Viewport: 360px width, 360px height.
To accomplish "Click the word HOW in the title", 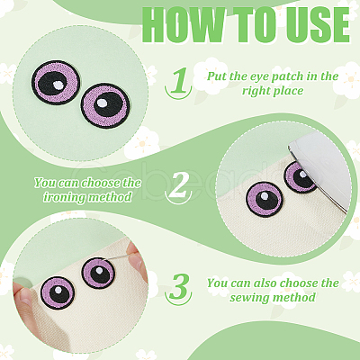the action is point(182,25).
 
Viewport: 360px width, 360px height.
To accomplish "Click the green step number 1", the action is point(179,80).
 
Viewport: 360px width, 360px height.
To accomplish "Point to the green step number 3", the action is point(178,285).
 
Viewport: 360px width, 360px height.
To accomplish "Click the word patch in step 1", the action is point(288,76).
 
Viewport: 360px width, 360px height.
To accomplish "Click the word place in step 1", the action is point(287,91).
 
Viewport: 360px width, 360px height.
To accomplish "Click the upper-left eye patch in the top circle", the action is point(56,83).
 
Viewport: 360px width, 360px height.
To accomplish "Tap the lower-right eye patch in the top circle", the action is point(105,105).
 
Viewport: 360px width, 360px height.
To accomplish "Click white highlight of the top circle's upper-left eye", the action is point(57,85).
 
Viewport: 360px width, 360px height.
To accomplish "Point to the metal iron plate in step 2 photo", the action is point(319,168).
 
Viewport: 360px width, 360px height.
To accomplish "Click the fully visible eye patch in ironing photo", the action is point(265,200).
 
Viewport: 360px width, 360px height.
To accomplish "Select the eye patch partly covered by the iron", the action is point(300,177).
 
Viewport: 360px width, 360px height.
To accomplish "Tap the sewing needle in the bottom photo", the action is point(120,256).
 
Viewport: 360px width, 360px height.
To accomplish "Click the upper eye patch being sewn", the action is point(98,273).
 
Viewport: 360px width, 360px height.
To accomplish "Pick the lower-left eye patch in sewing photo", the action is point(58,292).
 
